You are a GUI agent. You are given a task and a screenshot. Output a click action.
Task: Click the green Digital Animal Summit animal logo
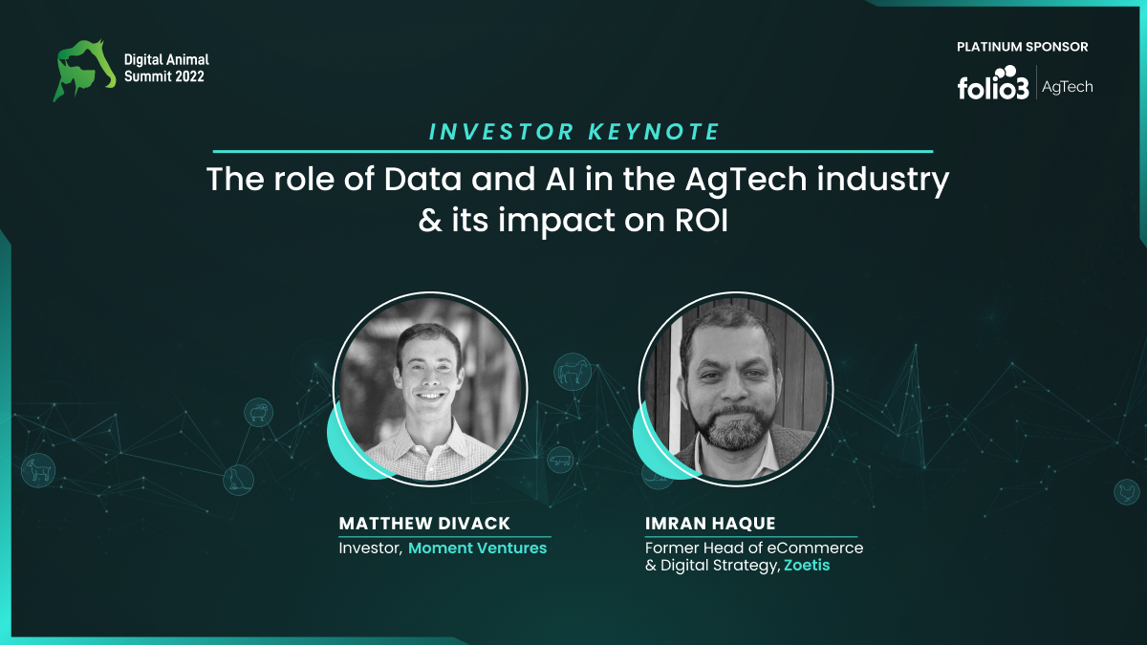(84, 70)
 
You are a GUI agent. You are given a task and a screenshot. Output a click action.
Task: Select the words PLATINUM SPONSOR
(1022, 47)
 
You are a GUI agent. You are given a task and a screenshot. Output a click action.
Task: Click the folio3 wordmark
(993, 83)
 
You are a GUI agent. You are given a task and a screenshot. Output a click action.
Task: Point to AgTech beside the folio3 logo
(1067, 87)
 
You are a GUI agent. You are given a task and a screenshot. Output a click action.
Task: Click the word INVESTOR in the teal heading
(501, 132)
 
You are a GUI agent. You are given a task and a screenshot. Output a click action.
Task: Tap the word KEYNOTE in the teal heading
(655, 132)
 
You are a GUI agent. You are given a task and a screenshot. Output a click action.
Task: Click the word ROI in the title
(701, 221)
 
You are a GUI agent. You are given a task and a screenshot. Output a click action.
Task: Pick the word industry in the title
(883, 182)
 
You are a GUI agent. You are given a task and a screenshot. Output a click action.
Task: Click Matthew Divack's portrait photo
(430, 389)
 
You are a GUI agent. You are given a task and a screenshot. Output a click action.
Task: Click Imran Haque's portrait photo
(736, 389)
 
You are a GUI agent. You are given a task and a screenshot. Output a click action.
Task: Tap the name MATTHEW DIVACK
(424, 524)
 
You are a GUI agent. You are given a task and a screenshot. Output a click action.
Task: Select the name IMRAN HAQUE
(710, 524)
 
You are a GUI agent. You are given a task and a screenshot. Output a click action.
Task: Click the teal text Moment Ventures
(477, 548)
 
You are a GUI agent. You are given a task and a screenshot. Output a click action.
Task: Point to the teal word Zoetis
(807, 565)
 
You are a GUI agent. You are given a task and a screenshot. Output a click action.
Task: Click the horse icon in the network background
(573, 372)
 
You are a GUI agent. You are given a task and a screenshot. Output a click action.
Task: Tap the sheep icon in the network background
(259, 413)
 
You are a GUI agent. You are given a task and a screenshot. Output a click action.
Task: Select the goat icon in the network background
(38, 470)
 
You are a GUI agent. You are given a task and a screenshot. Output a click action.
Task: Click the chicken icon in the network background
(1127, 492)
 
